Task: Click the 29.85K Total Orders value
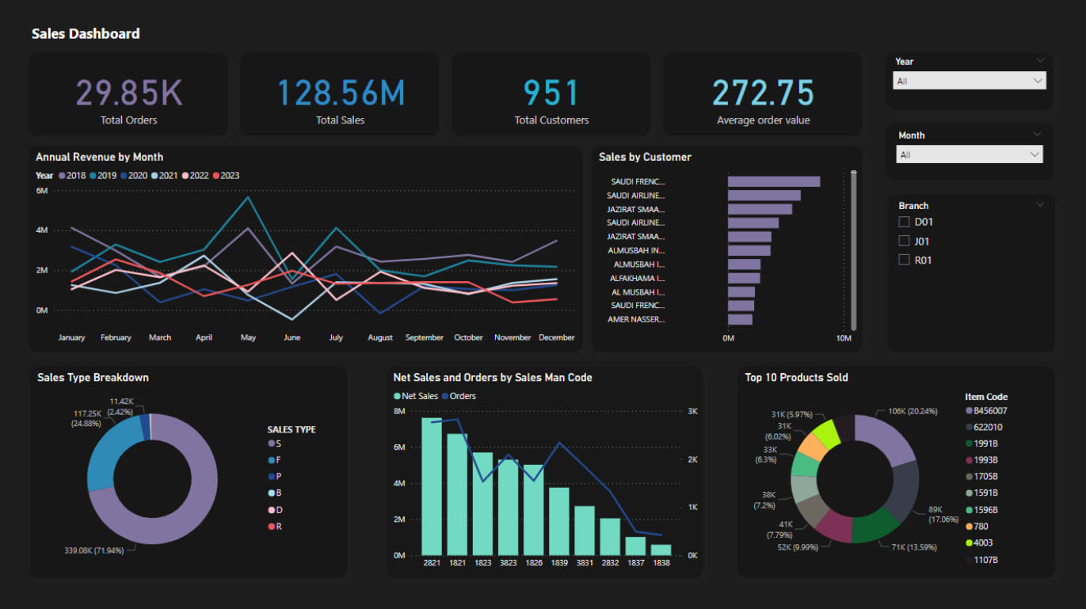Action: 129,93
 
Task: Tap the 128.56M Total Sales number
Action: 340,93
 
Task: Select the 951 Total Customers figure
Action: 551,93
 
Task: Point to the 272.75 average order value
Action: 763,93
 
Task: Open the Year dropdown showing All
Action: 970,81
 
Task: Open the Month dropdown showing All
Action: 970,154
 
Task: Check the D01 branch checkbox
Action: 904,222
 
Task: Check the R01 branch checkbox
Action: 904,260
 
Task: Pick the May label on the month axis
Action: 248,337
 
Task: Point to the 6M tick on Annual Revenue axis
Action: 42,191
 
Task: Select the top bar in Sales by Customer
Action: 773,181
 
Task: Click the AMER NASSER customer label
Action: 636,319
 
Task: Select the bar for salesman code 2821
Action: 432,486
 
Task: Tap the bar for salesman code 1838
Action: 661,549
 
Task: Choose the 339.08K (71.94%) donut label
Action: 94,550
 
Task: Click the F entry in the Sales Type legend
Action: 277,460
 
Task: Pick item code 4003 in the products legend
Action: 982,542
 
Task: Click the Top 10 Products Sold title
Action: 796,377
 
